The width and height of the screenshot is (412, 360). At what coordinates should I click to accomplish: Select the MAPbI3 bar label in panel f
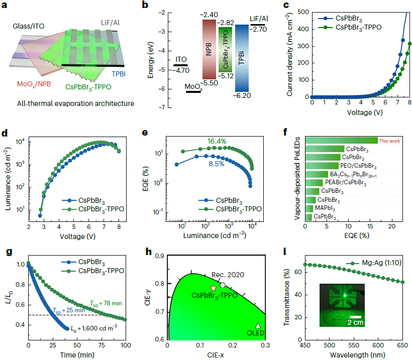tap(325, 208)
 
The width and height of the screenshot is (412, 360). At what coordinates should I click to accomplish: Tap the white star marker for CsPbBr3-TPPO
tap(214, 288)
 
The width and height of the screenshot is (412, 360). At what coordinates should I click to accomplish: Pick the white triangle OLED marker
tap(258, 326)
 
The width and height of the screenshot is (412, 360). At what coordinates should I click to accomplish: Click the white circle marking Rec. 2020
tap(222, 285)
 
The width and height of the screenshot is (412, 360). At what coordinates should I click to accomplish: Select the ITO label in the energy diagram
tap(180, 59)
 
